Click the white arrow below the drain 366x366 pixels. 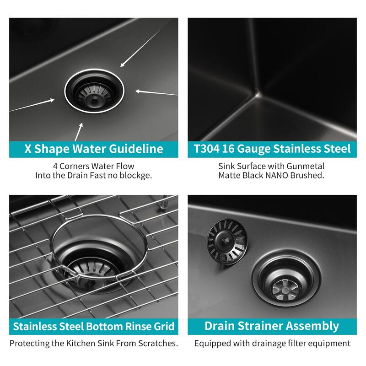tap(79, 131)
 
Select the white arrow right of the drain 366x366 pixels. tap(156, 92)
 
